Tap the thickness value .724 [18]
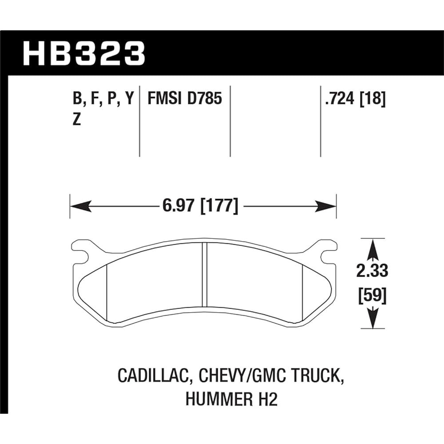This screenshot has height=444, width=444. tap(355, 99)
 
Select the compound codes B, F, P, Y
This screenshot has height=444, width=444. tap(102, 99)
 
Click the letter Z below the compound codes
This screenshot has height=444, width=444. tap(76, 121)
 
